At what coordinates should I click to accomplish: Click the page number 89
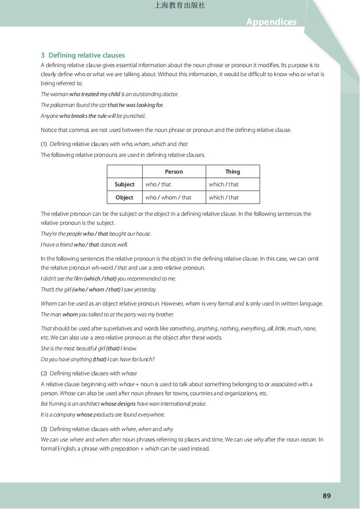[x=326, y=495]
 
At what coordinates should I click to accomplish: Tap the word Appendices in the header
[x=271, y=22]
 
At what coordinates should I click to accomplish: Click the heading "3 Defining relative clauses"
[x=83, y=55]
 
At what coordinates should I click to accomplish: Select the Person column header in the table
[x=174, y=172]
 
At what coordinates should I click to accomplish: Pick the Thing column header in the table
[x=233, y=172]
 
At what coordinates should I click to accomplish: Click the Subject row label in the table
[x=124, y=184]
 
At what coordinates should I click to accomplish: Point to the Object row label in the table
[x=124, y=198]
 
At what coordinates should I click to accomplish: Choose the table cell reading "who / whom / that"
[x=168, y=198]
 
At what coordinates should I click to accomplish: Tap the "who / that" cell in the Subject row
[x=158, y=184]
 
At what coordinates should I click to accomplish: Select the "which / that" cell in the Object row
[x=224, y=198]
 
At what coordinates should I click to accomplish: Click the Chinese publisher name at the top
[x=180, y=5]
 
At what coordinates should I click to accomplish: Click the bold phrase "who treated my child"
[x=95, y=94]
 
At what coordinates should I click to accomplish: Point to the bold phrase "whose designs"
[x=118, y=404]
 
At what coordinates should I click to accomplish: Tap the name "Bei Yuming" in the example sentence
[x=54, y=404]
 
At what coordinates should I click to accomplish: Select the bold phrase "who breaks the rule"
[x=83, y=116]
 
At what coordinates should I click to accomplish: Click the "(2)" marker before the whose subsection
[x=44, y=373]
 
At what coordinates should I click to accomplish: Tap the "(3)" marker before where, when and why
[x=44, y=429]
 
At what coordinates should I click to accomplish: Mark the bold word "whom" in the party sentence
[x=70, y=315]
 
